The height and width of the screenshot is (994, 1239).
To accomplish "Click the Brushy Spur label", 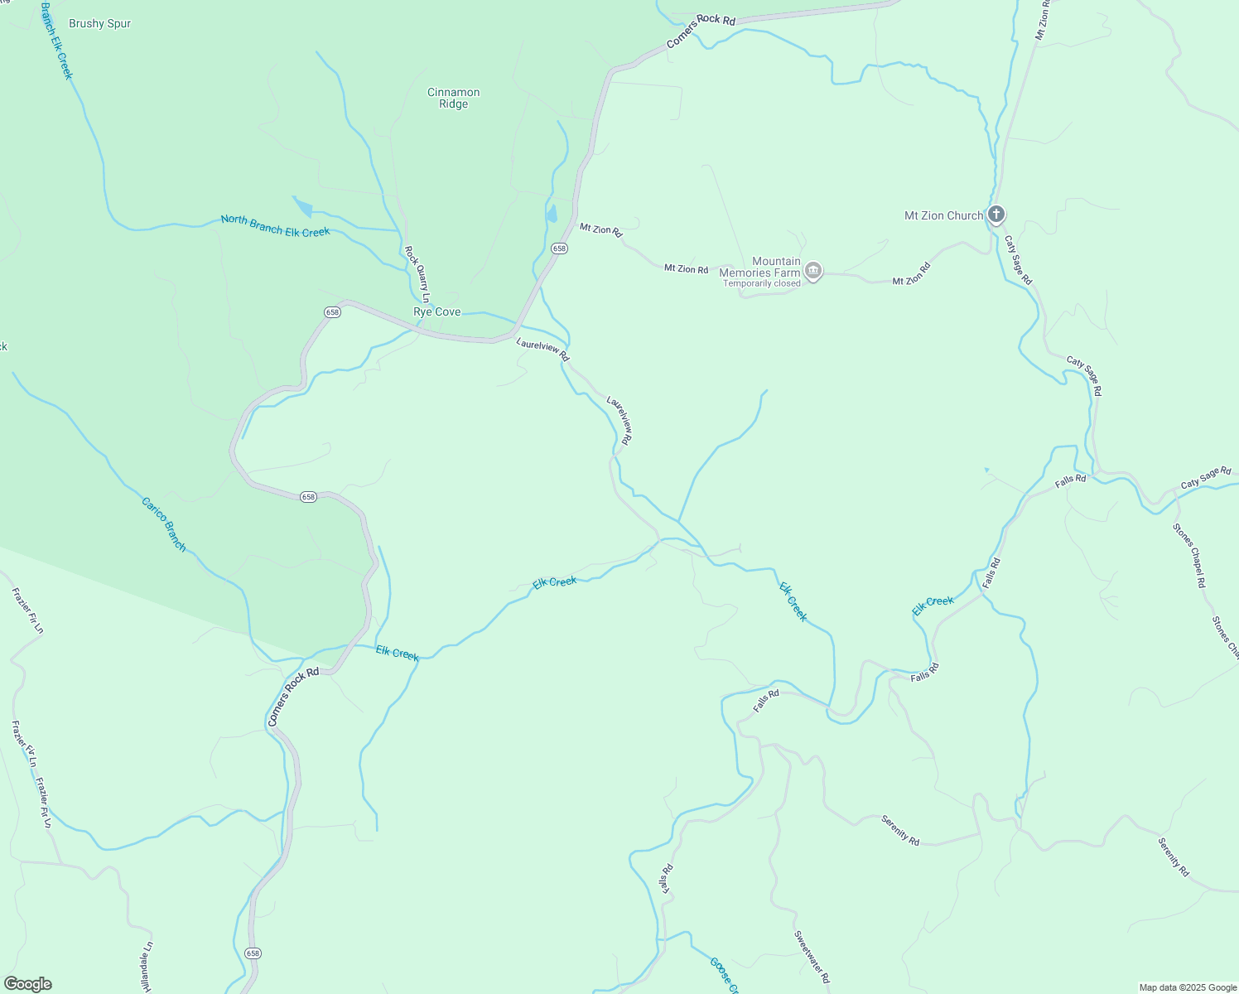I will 99,24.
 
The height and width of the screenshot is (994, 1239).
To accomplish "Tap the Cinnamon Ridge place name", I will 453,98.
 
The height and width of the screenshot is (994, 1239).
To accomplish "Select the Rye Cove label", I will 436,312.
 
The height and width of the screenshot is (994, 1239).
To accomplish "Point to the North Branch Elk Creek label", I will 275,225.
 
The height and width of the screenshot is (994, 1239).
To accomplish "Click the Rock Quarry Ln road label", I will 417,273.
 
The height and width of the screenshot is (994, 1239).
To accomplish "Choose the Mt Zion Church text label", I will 943,215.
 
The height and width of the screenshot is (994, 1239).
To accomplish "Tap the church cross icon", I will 996,215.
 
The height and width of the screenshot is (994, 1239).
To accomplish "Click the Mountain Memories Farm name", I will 759,267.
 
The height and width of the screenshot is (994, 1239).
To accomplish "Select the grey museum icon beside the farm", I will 813,272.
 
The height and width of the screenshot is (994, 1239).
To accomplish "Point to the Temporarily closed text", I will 761,283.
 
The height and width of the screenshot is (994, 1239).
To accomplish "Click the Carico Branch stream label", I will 163,524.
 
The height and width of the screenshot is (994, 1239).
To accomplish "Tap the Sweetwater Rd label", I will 812,957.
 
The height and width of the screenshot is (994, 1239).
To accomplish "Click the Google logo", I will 27,984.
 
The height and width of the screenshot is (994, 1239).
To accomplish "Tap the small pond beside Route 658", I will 552,214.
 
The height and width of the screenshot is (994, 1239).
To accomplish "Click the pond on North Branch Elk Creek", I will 302,206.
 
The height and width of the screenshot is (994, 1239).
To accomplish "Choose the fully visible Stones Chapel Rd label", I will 1189,555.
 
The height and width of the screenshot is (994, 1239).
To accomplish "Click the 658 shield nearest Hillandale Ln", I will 253,953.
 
